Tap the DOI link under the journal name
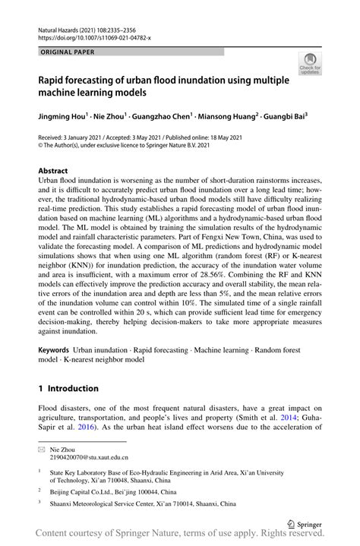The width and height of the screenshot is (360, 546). point(95,36)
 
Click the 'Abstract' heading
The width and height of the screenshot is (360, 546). point(54,172)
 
